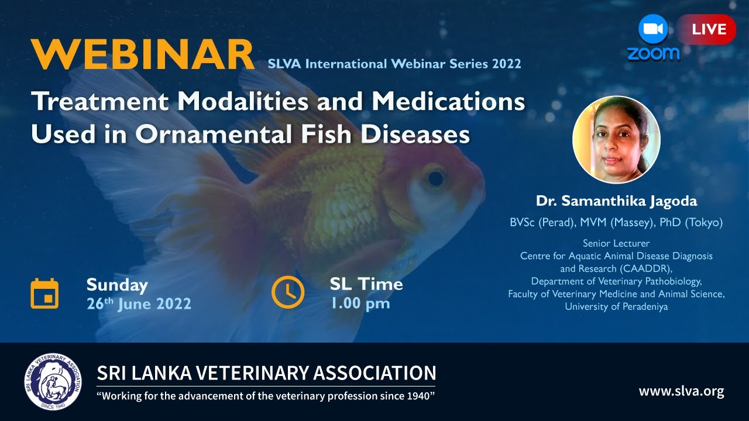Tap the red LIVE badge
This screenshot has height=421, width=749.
[x=708, y=29]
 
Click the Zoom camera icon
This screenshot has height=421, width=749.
[x=653, y=29]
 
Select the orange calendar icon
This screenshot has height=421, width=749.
[x=44, y=294]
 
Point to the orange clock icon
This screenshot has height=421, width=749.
[x=287, y=292]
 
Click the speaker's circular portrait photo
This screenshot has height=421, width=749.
[x=616, y=140]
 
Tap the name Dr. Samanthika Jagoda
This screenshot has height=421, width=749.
[x=616, y=201]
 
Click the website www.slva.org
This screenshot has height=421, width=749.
[x=681, y=391]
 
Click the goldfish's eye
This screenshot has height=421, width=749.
[x=435, y=177]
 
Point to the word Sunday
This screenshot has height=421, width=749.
[x=117, y=285]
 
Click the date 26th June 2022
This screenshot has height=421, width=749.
[x=139, y=304]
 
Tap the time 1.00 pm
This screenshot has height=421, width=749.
[x=360, y=303]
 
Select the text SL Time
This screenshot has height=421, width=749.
[x=366, y=284]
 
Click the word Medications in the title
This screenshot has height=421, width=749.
[x=448, y=102]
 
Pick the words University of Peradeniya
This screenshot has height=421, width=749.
[x=616, y=306]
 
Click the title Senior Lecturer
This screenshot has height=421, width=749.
[x=616, y=243]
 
